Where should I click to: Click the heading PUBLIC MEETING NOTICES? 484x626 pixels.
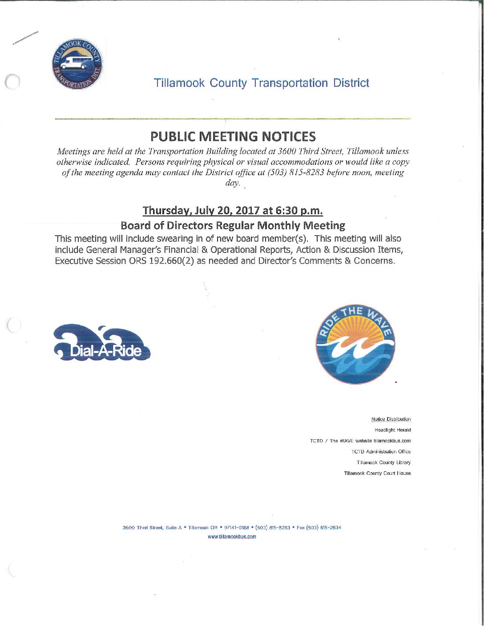233,136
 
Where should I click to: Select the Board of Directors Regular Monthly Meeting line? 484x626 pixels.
233,225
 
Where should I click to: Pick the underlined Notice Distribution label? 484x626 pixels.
391,419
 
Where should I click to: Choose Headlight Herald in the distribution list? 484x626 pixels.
395,430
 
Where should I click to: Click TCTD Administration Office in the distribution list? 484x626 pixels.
381,452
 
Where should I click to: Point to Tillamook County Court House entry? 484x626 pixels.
377,473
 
